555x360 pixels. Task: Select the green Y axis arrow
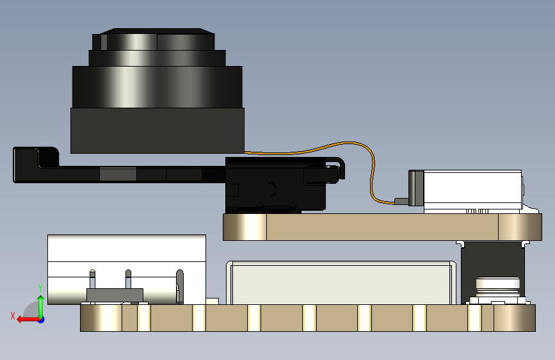point(40,304)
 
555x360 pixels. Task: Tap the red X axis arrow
point(26,319)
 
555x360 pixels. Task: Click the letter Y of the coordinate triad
point(40,288)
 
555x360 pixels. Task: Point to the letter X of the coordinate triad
point(12,315)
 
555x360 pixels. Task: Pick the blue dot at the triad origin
point(41,319)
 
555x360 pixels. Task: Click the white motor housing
point(474,190)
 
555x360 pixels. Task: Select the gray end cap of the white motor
point(417,188)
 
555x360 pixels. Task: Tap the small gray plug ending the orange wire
point(401,201)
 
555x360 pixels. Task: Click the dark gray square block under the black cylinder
point(157,130)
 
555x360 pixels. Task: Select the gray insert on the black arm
point(118,174)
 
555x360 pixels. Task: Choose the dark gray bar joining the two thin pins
point(114,295)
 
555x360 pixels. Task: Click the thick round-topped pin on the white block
point(179,286)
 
